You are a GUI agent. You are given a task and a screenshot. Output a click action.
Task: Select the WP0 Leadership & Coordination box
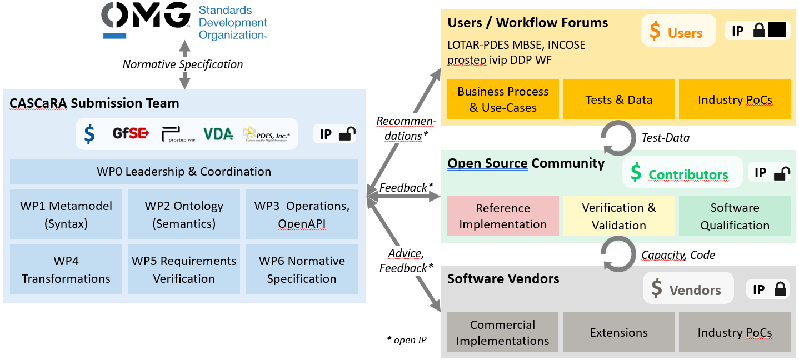(x=184, y=172)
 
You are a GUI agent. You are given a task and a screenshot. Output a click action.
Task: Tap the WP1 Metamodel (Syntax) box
(x=66, y=214)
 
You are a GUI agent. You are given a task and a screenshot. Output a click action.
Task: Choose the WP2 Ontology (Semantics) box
(x=184, y=214)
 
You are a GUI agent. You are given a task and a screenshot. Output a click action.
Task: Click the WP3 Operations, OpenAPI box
(x=302, y=214)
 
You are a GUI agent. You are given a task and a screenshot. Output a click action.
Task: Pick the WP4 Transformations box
(x=66, y=269)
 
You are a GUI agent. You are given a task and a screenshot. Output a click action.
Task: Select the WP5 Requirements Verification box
(x=184, y=269)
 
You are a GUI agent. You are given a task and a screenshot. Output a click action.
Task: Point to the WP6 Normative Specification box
(x=302, y=269)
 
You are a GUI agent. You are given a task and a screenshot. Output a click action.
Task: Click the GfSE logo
(x=131, y=133)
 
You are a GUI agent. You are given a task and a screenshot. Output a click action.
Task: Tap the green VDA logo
(x=218, y=134)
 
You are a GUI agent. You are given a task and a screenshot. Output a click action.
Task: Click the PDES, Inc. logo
(x=266, y=134)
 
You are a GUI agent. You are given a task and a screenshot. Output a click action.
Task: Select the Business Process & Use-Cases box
(x=503, y=99)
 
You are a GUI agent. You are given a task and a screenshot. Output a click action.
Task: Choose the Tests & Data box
(x=619, y=99)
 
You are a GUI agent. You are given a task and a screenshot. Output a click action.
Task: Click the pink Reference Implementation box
(x=503, y=216)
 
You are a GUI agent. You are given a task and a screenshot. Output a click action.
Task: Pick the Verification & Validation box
(x=619, y=216)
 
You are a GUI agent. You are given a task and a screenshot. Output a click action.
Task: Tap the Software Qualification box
(x=735, y=216)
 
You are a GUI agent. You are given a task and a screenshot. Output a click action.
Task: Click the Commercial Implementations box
(x=503, y=332)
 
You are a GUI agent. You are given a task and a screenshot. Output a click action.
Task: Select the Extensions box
(x=619, y=332)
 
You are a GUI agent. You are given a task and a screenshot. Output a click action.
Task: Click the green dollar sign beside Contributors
(x=636, y=173)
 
